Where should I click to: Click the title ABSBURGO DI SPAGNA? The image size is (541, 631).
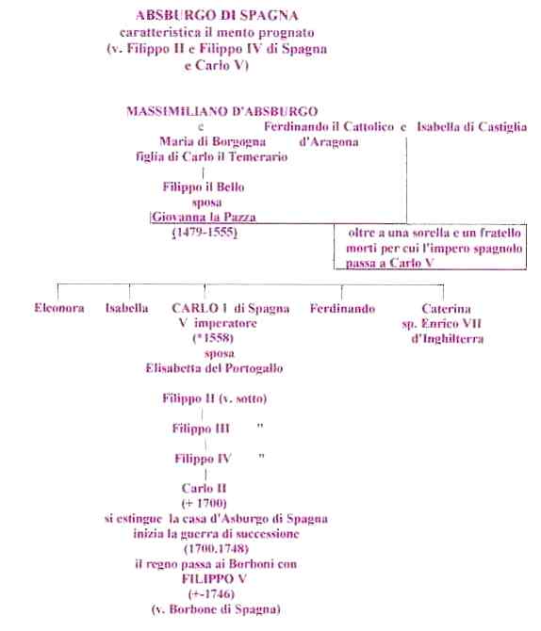tap(217, 15)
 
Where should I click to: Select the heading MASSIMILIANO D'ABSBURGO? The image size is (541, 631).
tap(221, 111)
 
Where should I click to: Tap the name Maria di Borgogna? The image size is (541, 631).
tap(213, 141)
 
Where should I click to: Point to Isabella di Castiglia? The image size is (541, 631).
tap(471, 127)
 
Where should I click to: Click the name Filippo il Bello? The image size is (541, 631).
tap(204, 187)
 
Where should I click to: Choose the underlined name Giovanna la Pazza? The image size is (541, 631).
tap(204, 217)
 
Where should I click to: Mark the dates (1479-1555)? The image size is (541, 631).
tap(205, 233)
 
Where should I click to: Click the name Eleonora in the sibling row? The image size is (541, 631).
tap(59, 308)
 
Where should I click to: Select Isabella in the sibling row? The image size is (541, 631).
tap(127, 308)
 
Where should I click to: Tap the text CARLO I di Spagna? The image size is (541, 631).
tap(230, 308)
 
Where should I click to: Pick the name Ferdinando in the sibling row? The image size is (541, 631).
tap(342, 309)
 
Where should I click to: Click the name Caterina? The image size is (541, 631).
tap(446, 309)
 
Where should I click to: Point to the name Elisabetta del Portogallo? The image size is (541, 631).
tap(214, 368)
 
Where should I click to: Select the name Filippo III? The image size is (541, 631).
tap(201, 429)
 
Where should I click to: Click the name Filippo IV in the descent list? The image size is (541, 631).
tap(203, 459)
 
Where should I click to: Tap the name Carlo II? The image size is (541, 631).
tap(204, 488)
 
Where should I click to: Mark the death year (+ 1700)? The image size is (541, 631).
tap(204, 504)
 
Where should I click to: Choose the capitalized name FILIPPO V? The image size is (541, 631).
tap(214, 578)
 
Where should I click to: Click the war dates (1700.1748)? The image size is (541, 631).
tap(217, 548)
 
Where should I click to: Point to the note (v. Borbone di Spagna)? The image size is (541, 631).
tap(216, 608)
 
